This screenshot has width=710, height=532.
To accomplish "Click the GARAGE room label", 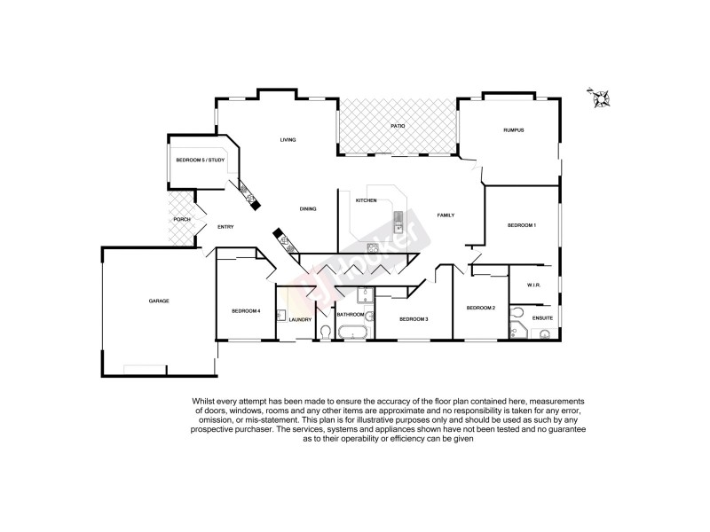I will point(159,301).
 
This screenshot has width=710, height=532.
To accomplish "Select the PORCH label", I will point(182,219).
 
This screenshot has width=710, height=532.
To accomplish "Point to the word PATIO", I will point(398,127).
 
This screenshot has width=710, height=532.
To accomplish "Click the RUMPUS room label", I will point(514,130).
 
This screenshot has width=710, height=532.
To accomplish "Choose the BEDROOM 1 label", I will point(521,226).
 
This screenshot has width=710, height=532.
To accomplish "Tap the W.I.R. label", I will point(533,285).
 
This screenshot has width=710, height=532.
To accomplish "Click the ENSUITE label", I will point(542,317).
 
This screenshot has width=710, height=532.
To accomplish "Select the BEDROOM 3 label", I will point(414,318).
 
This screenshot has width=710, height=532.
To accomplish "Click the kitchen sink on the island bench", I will point(400,219).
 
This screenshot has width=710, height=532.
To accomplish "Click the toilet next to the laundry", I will point(325,332).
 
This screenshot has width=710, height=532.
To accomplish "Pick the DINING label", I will point(308,208).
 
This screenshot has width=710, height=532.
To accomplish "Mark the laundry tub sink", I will point(281,314).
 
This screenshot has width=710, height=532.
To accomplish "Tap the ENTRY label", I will point(225,228).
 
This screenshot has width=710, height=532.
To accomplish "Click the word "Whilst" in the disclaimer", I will point(202,401).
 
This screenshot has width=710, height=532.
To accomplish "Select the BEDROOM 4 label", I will point(246,310).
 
